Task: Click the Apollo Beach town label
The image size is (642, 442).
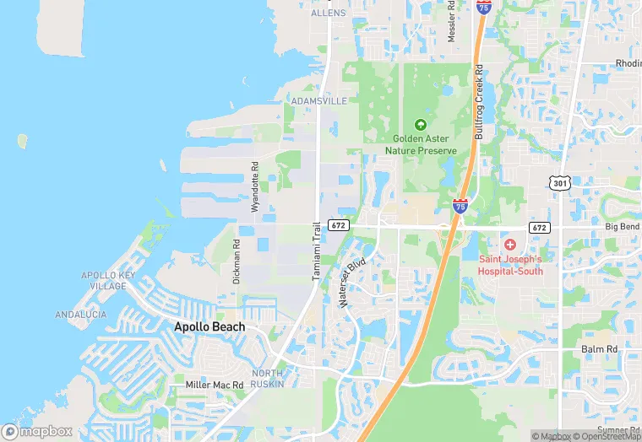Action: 209,326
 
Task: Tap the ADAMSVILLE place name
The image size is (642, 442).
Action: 318,100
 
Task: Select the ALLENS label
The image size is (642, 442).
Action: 329,13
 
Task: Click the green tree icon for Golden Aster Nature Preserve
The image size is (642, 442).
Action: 421,125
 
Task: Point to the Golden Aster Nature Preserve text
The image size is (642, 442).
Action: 421,144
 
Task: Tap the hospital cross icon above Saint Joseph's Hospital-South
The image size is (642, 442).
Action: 510,245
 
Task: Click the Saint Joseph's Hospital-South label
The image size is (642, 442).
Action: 510,265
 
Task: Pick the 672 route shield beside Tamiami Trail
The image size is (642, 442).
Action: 338,225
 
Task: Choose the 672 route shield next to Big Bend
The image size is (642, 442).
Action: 541,228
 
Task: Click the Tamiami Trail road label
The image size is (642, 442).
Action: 318,251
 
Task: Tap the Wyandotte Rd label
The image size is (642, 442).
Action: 253,186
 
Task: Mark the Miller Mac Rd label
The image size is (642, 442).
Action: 215,385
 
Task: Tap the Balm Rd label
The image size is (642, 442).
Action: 600,348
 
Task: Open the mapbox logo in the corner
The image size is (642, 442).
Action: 38,431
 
